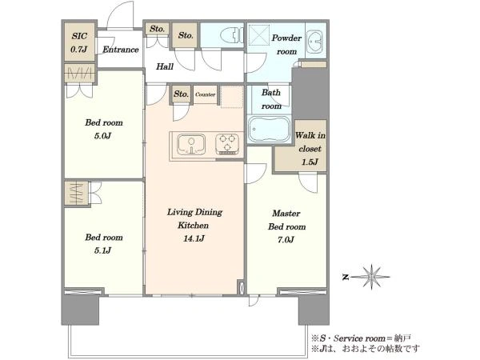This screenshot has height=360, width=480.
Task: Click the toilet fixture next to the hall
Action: click(232, 35)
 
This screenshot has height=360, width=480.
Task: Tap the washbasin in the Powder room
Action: click(314, 42)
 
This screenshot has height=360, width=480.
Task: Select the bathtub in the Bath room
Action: click(269, 129)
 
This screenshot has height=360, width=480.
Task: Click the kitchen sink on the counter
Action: click(191, 145)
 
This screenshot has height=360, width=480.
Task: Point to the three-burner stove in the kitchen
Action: click(227, 143)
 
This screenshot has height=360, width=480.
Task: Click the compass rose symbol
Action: click(371, 277)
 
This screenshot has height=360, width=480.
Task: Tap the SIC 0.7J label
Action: click(79, 42)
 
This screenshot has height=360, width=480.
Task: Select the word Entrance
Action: click(121, 50)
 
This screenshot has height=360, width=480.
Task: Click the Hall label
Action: click(165, 66)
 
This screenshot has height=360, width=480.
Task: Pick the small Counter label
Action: click(205, 94)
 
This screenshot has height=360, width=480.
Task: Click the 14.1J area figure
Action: click(194, 238)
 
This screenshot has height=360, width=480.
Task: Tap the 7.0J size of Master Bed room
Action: click(286, 240)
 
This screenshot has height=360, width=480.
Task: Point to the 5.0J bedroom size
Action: click(102, 136)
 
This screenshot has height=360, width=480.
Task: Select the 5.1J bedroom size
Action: click(102, 250)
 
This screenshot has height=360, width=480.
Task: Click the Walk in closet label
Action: click(310, 149)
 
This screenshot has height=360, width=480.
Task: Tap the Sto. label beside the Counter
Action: click(181, 94)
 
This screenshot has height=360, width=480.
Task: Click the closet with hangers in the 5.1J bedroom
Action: click(77, 193)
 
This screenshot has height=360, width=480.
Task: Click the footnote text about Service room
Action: click(362, 338)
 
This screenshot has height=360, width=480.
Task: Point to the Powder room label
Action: click(286, 45)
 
